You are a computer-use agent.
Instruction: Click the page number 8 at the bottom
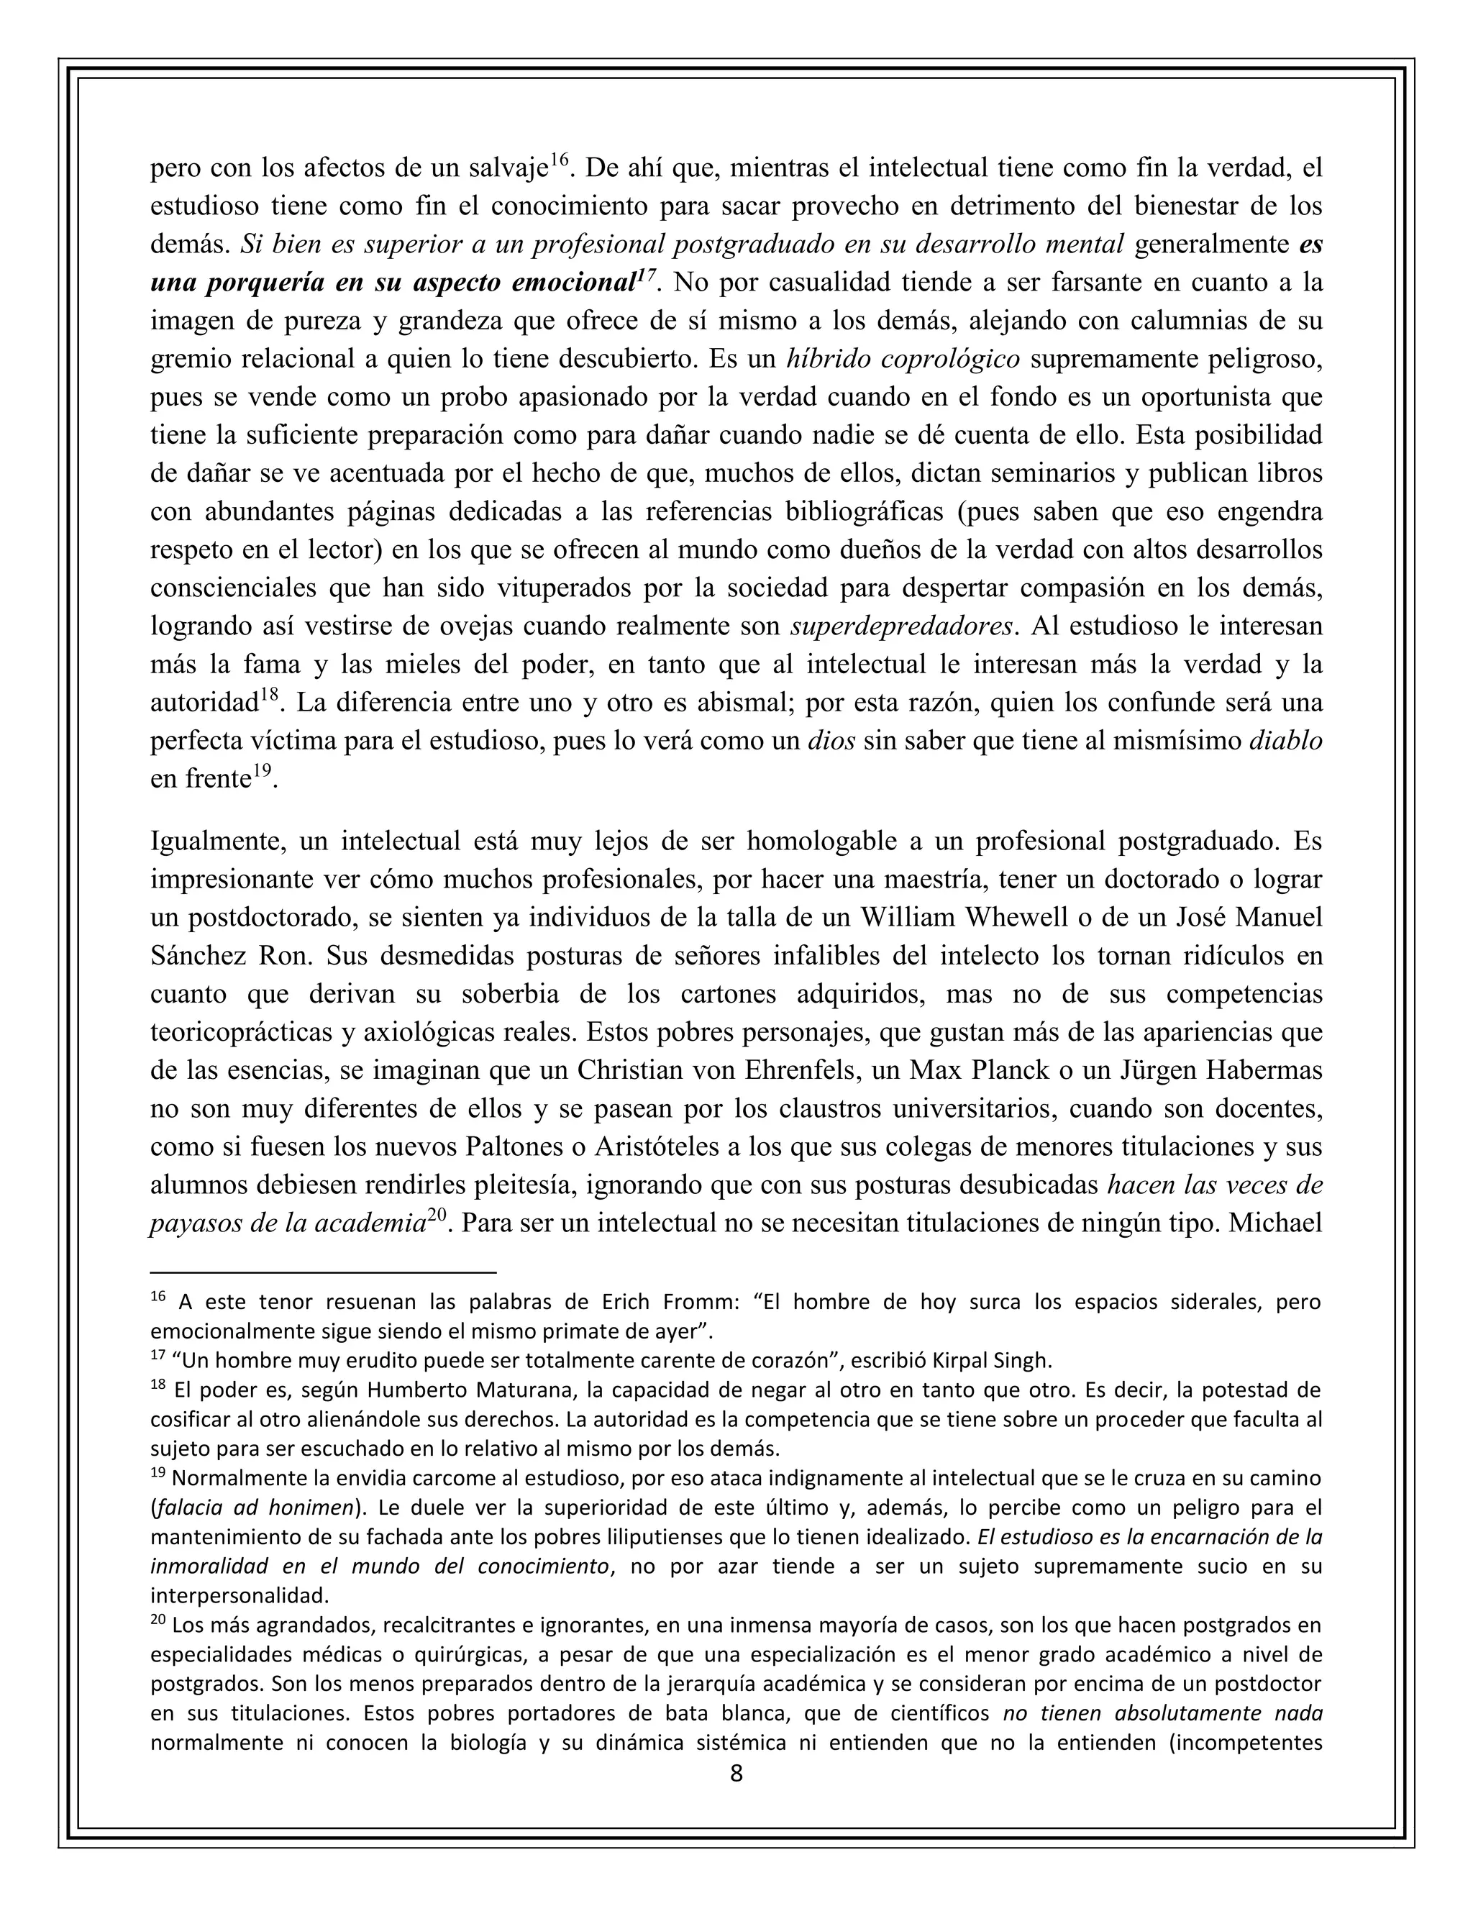point(736,1774)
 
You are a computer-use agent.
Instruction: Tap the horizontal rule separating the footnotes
point(323,1272)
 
